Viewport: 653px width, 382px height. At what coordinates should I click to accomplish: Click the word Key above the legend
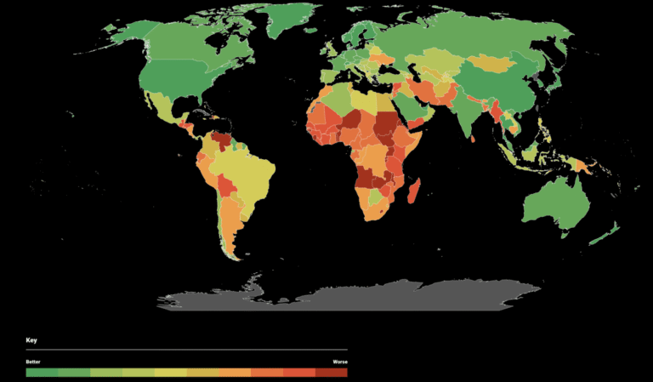click(31, 340)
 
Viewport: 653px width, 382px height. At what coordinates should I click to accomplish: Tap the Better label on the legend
click(33, 362)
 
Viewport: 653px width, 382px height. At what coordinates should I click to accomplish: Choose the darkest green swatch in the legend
click(42, 372)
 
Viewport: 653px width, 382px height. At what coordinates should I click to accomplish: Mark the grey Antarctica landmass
click(357, 294)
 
